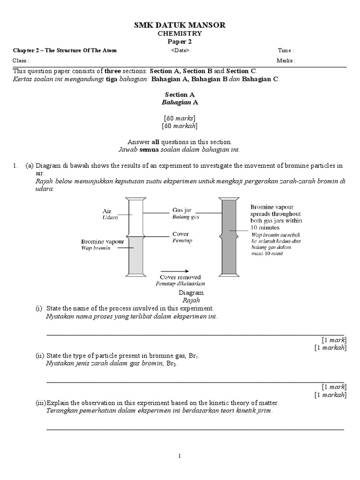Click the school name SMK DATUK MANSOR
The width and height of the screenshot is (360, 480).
click(180, 24)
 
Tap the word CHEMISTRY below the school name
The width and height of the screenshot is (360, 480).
click(180, 33)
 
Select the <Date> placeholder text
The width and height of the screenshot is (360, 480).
click(180, 51)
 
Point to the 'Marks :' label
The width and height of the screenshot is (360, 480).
click(285, 60)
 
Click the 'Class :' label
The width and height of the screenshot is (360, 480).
click(21, 60)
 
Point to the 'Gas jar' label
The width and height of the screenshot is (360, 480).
click(181, 210)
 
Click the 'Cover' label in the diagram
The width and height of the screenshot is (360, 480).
click(180, 233)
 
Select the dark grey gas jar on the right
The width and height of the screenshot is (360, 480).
click(229, 237)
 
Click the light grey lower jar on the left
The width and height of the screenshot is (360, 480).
click(135, 255)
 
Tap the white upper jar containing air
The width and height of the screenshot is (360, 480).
click(135, 216)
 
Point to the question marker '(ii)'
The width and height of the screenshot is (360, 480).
click(39, 356)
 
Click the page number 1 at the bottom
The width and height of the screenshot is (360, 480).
click(180, 456)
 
